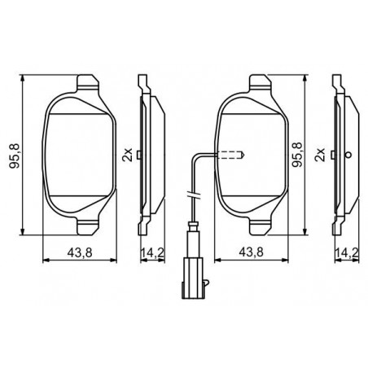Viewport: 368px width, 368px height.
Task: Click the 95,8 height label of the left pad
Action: tap(15, 156)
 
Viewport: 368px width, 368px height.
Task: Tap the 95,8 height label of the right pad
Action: tap(296, 154)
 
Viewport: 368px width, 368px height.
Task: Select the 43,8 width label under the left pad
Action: tap(80, 252)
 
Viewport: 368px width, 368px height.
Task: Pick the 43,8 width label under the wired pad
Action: tap(251, 252)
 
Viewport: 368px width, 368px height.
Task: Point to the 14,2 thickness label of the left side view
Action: tap(152, 252)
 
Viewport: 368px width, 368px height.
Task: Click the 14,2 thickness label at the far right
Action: tap(347, 252)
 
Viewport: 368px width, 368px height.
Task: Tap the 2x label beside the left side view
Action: tap(127, 155)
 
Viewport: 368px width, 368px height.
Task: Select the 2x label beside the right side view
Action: tap(320, 155)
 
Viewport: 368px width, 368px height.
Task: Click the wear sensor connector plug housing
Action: tap(194, 278)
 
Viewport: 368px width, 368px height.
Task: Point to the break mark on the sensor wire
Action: tap(194, 195)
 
